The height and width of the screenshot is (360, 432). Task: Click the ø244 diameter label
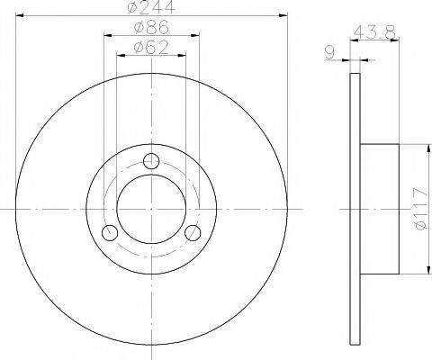151,6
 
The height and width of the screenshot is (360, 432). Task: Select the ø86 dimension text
151,27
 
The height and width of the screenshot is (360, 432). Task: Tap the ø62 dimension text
151,47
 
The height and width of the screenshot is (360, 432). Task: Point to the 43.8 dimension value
374,31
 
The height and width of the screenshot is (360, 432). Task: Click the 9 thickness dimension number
329,53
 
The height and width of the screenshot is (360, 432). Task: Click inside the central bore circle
151,209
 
